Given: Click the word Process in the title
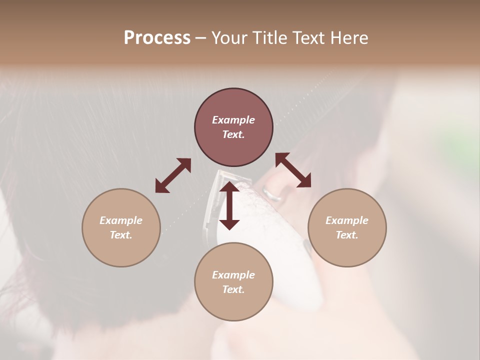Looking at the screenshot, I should click(157, 38).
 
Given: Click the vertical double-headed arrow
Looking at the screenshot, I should click(229, 205).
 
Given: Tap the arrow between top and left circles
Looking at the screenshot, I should click(173, 175).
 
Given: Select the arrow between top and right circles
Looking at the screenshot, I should click(293, 170).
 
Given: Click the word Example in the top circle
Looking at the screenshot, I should click(233, 120).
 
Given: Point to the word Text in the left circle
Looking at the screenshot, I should click(121, 235).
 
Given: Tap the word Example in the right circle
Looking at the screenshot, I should click(347, 220).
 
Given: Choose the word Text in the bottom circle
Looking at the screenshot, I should click(233, 289).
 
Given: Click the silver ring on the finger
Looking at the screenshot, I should click(273, 193).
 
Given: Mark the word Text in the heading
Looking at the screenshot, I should click(309, 38).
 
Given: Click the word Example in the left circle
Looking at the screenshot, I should click(121, 220).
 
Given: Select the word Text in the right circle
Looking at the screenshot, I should click(347, 235).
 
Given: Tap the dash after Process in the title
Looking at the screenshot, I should click(200, 38).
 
